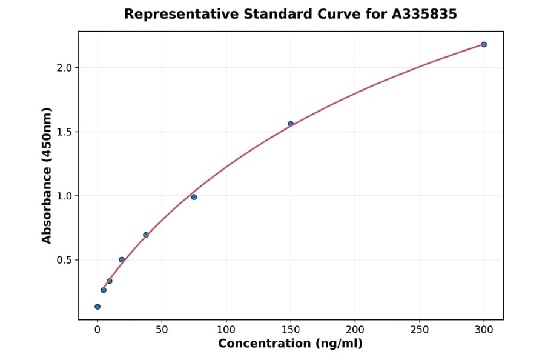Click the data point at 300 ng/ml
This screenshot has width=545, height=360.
(x=484, y=44)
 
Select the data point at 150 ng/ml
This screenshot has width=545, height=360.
(x=291, y=124)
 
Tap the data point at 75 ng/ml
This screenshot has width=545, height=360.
(x=194, y=197)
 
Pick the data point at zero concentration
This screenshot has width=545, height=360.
(x=97, y=307)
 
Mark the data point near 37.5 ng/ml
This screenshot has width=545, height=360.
(x=146, y=235)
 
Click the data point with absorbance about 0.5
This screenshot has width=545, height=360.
(x=122, y=259)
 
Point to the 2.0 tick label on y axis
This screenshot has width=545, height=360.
(x=64, y=68)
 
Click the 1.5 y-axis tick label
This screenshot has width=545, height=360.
(x=64, y=132)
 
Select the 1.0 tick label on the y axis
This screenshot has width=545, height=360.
(x=64, y=196)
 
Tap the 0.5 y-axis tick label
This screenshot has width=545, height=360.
(x=64, y=260)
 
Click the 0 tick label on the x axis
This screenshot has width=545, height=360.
(x=97, y=330)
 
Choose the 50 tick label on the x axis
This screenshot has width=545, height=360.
(x=162, y=330)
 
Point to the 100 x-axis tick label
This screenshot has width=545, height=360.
(x=226, y=330)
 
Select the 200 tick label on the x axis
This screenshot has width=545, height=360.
(x=355, y=330)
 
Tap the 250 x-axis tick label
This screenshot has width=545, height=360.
(x=419, y=330)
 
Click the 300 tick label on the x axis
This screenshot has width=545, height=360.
(x=484, y=330)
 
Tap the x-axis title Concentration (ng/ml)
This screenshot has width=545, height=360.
(x=290, y=344)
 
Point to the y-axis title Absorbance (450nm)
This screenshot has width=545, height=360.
(x=47, y=175)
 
